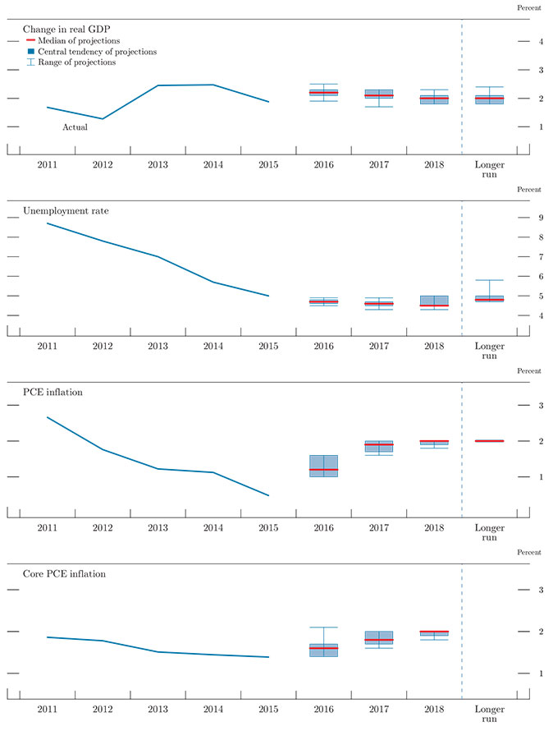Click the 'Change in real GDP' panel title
pyautogui.click(x=66, y=29)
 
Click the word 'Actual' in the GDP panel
pyautogui.click(x=75, y=127)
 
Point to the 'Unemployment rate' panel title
pyautogui.click(x=66, y=210)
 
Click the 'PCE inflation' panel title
pyautogui.click(x=53, y=392)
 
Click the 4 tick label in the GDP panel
pyautogui.click(x=539, y=41)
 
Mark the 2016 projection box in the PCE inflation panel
pyautogui.click(x=323, y=466)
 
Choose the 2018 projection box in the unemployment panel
pyautogui.click(x=434, y=301)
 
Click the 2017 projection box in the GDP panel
pyautogui.click(x=379, y=95)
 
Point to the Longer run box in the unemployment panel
pyautogui.click(x=490, y=299)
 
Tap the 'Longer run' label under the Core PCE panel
pyautogui.click(x=490, y=713)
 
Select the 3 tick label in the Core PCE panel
pyautogui.click(x=539, y=590)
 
